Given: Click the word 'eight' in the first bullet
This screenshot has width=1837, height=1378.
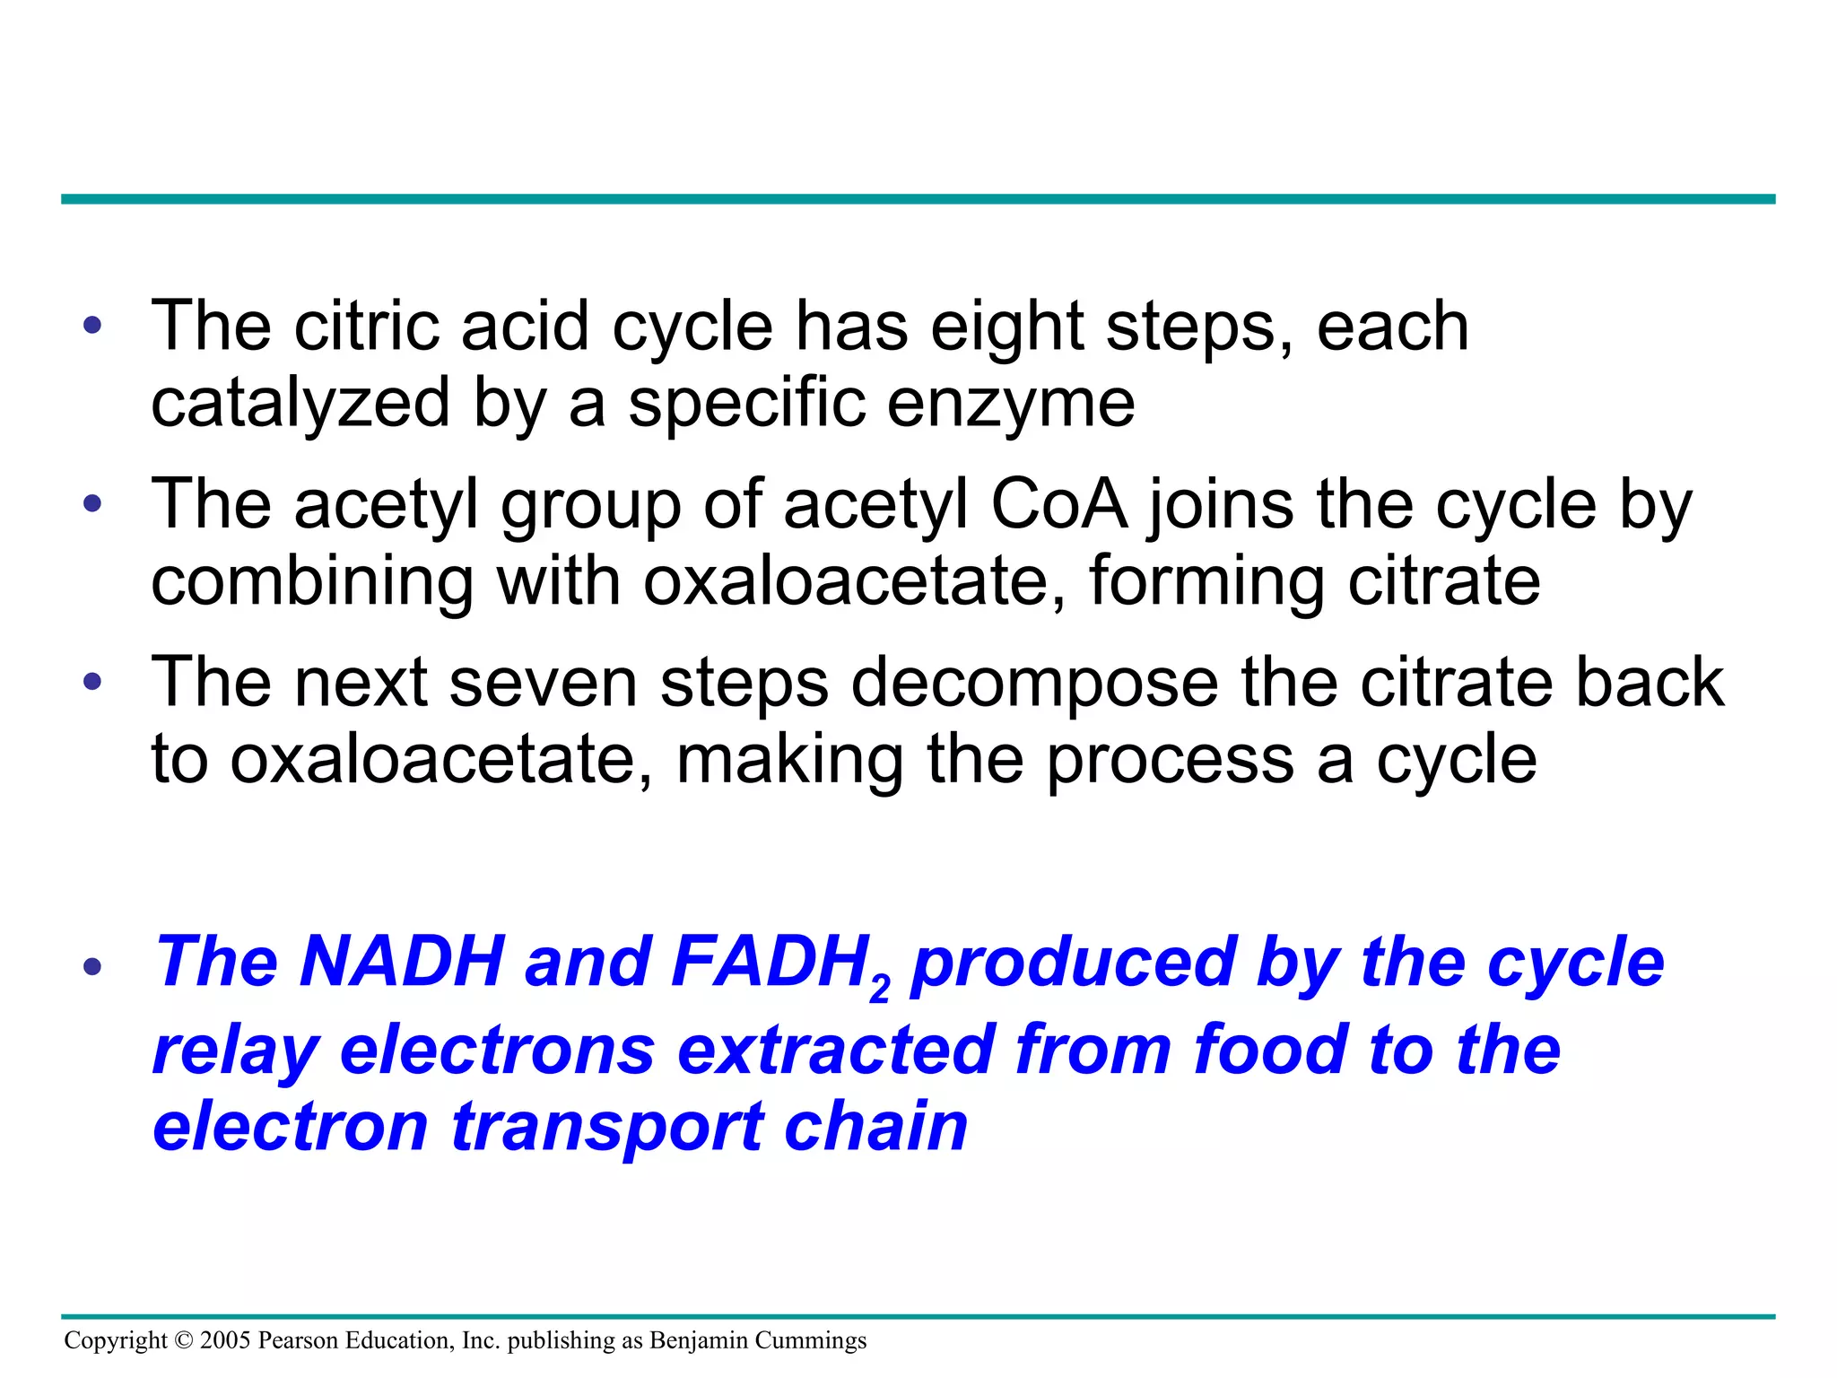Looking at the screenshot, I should coord(1006,327).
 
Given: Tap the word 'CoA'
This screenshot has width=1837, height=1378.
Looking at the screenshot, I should coord(1058,505).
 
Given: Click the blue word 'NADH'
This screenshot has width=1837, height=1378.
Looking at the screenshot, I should coord(402,963).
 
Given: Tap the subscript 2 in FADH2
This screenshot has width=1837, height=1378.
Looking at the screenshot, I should coord(880,990).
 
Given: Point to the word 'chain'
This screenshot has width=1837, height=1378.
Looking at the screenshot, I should coord(875,1127).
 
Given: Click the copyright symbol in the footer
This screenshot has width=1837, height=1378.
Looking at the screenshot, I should coord(184,1340).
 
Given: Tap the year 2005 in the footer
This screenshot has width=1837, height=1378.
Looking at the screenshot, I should coord(225,1340).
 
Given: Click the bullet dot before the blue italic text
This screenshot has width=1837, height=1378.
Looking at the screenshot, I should coord(92,967).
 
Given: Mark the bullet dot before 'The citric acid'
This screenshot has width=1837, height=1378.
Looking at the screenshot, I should coord(92,325).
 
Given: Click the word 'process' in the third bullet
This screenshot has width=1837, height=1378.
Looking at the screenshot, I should coord(1171,762).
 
